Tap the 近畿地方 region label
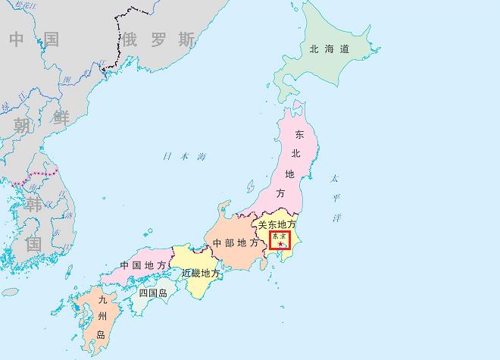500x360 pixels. click(201, 273)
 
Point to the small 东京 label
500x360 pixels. click(280, 236)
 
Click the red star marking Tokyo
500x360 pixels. click(280, 244)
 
